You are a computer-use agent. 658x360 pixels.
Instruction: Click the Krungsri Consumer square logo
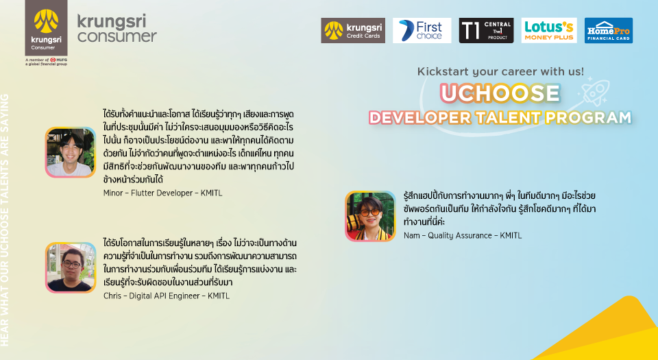coord(46,27)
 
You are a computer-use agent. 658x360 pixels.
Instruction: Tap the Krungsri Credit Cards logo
coord(353,30)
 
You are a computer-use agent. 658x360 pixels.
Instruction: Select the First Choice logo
coord(422,30)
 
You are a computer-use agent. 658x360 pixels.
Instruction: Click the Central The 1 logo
coord(486,30)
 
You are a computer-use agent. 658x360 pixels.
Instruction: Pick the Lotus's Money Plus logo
coord(549,30)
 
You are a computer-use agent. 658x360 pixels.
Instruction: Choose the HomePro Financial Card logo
coord(609,30)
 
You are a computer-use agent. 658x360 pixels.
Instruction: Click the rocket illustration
coord(594,91)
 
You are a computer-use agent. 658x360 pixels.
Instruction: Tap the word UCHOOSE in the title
coord(500,93)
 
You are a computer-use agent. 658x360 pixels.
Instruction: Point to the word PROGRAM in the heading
coord(588,118)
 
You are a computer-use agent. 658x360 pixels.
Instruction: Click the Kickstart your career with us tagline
coord(500,72)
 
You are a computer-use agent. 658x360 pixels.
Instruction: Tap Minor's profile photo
coord(71,152)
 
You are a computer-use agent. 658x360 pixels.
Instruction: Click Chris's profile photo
coord(71,267)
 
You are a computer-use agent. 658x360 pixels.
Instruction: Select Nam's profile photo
coord(370,216)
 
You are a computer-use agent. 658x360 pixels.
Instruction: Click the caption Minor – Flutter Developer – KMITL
coord(163,193)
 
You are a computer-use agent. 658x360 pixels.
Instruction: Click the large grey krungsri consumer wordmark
coord(117,28)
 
